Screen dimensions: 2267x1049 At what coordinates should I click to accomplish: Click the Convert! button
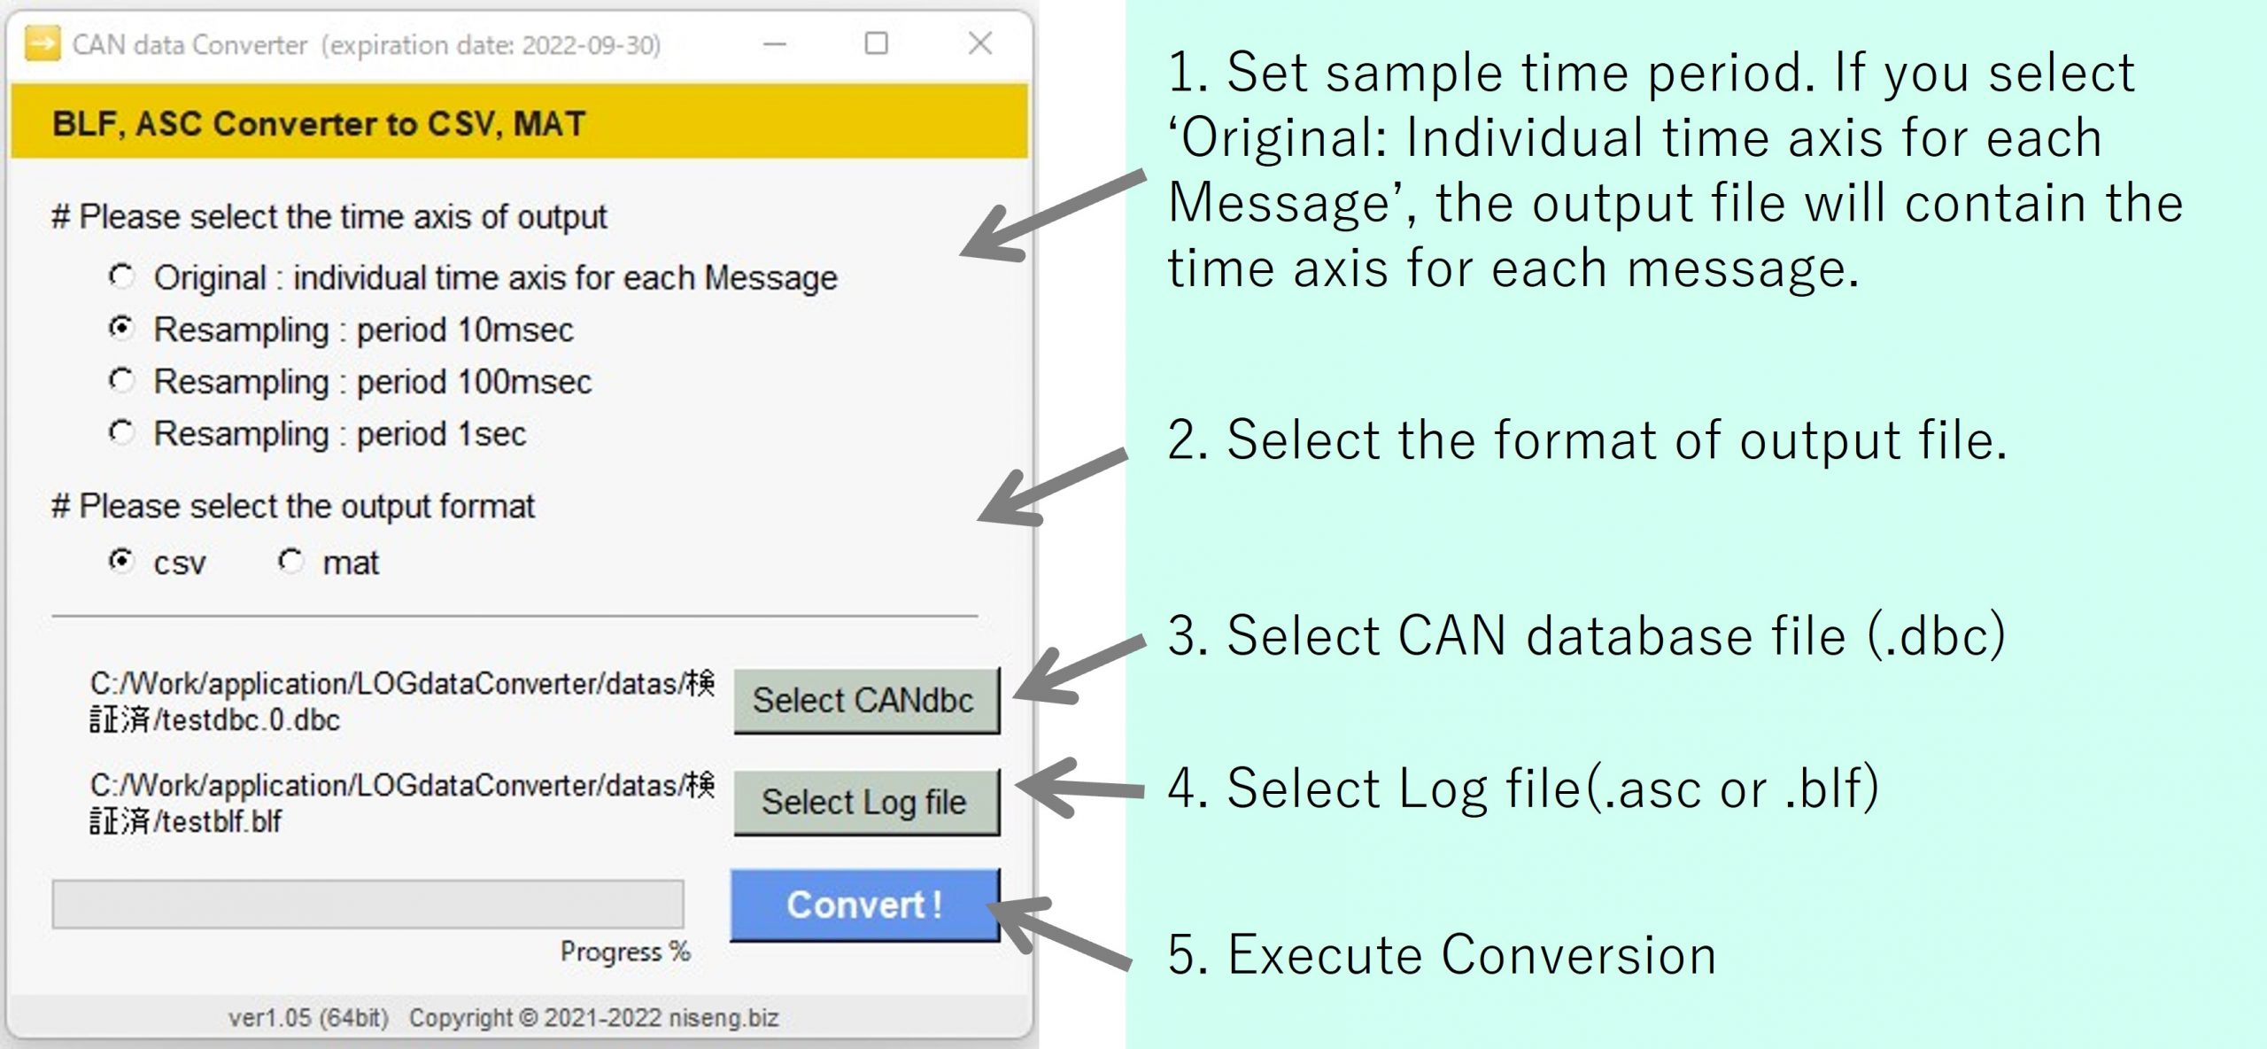point(865,905)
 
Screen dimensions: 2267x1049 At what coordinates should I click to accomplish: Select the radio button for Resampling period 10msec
point(121,328)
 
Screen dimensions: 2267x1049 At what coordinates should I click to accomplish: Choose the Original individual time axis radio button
point(121,276)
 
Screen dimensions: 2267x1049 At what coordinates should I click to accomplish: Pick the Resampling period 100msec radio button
point(121,380)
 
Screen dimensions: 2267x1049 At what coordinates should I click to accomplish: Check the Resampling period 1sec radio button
point(121,432)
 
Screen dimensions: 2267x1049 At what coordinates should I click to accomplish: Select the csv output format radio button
point(121,561)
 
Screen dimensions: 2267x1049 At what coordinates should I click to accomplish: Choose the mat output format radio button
point(290,561)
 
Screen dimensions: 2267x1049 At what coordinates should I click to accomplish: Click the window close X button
point(979,43)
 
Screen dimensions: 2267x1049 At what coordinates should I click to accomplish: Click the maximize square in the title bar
point(876,43)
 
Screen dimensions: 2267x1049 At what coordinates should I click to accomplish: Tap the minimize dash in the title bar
point(775,43)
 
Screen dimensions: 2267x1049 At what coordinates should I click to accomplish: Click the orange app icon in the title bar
point(43,43)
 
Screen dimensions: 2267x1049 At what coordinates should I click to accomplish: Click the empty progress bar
point(368,904)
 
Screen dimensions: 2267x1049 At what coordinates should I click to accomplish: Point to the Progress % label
point(625,952)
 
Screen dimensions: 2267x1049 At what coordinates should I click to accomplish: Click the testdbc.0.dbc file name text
point(247,719)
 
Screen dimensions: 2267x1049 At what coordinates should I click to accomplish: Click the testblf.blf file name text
point(218,821)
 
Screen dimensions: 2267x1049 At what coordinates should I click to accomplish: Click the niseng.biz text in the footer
point(723,1018)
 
